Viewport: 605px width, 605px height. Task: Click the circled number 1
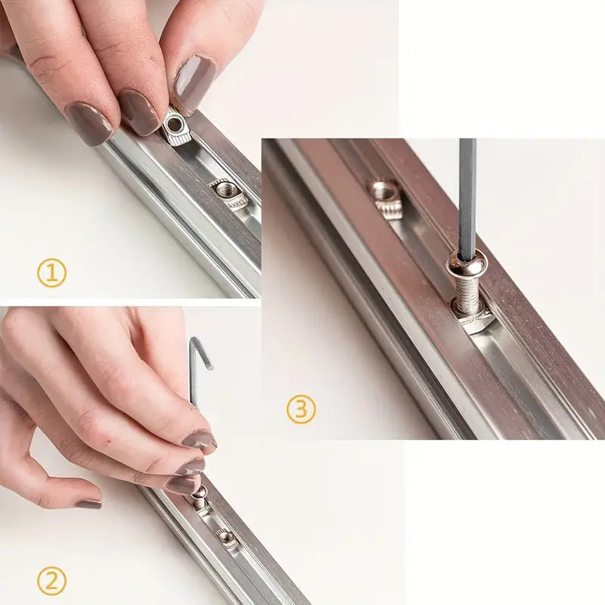pyautogui.click(x=51, y=272)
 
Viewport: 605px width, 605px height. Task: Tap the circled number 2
pyautogui.click(x=51, y=581)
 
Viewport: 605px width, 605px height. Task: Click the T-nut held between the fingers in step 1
pyautogui.click(x=175, y=132)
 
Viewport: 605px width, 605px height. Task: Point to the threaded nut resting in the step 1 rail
pyautogui.click(x=229, y=195)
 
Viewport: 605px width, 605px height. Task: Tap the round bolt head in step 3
pyautogui.click(x=467, y=263)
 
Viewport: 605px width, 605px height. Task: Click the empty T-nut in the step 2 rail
pyautogui.click(x=226, y=539)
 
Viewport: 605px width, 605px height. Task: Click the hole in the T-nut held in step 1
pyautogui.click(x=175, y=125)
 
